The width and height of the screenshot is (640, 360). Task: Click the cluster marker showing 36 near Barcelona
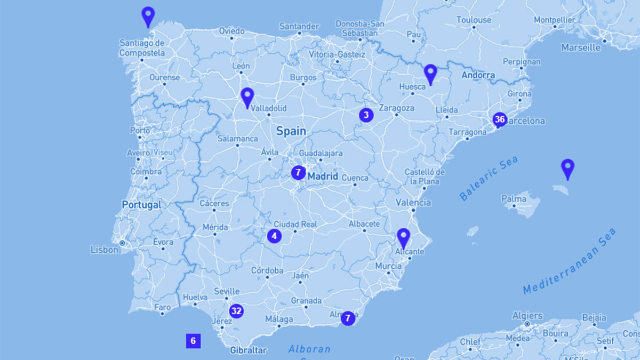click(x=499, y=119)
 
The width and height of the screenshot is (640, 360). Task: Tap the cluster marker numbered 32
click(x=236, y=311)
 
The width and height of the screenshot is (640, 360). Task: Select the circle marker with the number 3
click(x=366, y=115)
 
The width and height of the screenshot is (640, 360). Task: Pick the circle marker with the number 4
click(x=274, y=236)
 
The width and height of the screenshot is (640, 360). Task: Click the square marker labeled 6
click(x=193, y=341)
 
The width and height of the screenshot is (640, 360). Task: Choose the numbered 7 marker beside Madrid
click(x=299, y=173)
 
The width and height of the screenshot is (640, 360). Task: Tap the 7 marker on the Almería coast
click(x=348, y=318)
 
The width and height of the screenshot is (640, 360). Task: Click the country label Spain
click(x=291, y=131)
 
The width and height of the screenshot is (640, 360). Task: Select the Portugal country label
click(x=141, y=205)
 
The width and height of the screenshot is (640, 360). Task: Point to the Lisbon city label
click(x=105, y=249)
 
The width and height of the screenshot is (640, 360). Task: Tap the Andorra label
click(x=478, y=75)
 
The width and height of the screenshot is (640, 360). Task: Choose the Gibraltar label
click(x=248, y=350)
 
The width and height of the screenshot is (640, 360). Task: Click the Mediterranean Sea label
click(x=569, y=261)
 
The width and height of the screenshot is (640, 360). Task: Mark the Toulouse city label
click(x=474, y=20)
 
